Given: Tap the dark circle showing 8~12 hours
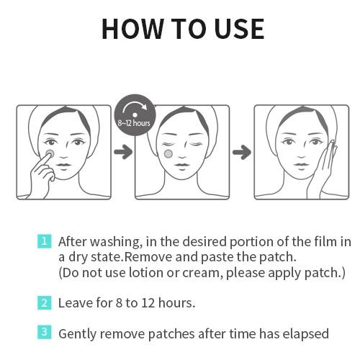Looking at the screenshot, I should tap(133, 114).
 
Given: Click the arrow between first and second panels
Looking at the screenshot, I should tap(123, 152).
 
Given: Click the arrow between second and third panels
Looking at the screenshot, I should tap(242, 152).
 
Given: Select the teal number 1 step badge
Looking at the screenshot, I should tap(45, 240).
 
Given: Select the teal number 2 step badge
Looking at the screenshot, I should tap(45, 302).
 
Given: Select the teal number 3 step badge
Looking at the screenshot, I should tap(45, 333).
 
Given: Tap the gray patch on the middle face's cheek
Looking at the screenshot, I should tap(168, 153).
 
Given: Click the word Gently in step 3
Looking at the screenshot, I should tap(77, 334).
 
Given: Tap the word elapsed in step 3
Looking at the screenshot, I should tap(305, 334).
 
